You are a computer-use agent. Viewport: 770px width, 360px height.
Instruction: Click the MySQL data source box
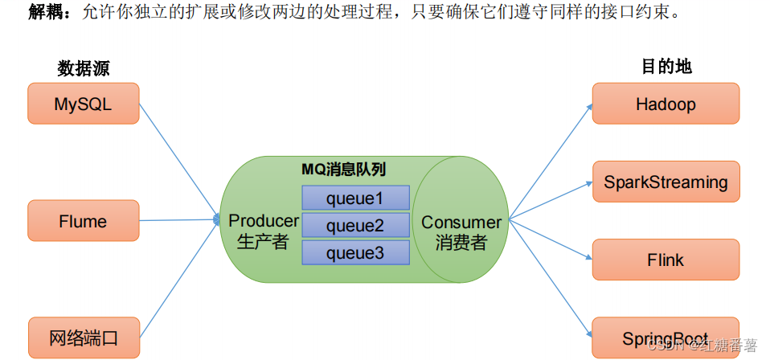tap(84, 104)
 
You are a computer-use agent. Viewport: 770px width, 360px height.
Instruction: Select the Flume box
tap(84, 221)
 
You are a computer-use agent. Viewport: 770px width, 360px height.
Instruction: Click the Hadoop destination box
tap(666, 104)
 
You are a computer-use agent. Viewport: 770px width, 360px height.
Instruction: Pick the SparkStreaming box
tap(666, 182)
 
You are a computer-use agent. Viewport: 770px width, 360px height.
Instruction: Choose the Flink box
tap(666, 260)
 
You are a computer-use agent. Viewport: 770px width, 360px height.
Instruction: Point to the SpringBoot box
tap(666, 338)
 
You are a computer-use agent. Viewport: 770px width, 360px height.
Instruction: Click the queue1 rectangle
tap(355, 198)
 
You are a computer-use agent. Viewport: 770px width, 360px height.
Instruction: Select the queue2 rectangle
tap(355, 226)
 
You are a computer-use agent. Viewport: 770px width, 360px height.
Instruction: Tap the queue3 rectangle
tap(355, 253)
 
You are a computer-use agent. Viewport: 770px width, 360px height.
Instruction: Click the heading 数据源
tap(84, 68)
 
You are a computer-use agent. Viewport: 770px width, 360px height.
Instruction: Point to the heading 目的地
tap(666, 67)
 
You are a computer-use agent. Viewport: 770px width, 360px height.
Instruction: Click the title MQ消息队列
tap(344, 169)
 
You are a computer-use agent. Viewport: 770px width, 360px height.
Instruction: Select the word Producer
tap(264, 221)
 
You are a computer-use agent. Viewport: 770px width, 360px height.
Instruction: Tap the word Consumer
tap(461, 223)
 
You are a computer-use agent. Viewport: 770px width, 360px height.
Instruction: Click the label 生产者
tap(263, 242)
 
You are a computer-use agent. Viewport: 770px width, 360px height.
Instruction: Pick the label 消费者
tap(461, 243)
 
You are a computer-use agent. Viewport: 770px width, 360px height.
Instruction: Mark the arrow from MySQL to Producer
tap(179, 162)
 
